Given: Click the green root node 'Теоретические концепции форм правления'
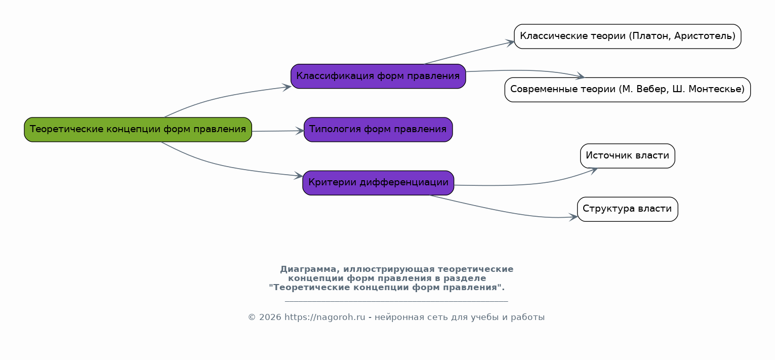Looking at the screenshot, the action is (138, 130).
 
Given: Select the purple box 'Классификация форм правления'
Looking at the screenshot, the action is (378, 76).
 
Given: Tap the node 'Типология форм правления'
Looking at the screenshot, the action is (378, 130).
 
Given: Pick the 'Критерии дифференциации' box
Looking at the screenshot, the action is (378, 183).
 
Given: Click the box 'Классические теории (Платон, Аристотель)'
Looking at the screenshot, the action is (628, 36).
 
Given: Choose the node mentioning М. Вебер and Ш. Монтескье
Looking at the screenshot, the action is (628, 90).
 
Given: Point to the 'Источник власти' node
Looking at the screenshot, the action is (628, 156).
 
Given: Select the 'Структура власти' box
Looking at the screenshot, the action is (628, 209).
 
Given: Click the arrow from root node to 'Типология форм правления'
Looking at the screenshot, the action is (278, 131).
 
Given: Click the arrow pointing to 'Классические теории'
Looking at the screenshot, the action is (469, 52).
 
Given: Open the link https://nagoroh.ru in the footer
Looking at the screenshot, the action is (324, 317).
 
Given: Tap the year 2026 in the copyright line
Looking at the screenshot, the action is (270, 317).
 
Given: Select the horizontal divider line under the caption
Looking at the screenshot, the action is (396, 301).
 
